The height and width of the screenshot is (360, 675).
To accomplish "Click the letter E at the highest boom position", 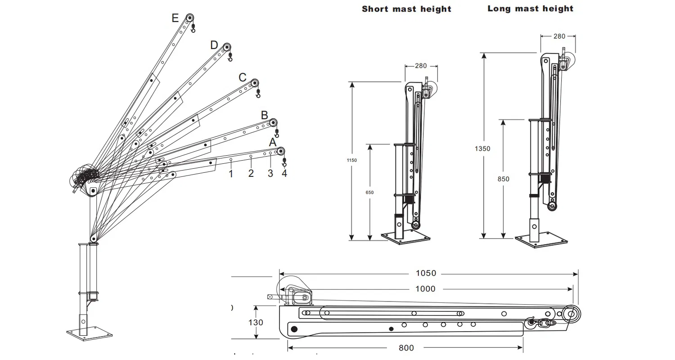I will (175, 18).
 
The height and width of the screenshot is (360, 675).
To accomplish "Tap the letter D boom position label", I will (214, 45).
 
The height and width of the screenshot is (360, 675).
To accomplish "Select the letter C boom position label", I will (243, 77).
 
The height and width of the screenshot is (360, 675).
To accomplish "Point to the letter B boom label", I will (265, 115).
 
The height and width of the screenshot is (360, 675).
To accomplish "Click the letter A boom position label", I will (272, 142).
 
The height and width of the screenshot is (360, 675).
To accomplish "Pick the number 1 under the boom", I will (231, 174).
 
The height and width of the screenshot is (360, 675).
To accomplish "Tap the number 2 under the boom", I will (251, 174).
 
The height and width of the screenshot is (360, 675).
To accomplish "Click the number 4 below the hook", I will (284, 174).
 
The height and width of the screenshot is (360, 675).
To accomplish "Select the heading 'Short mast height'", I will (406, 9).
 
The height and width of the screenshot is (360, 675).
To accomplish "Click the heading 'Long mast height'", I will (531, 9).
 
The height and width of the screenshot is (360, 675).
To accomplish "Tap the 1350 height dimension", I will (482, 148).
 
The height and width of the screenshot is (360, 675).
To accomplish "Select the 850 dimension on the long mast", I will (504, 179).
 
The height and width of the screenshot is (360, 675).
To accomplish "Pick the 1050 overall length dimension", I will (425, 273).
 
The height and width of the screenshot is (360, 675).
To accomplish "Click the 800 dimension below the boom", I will (406, 348).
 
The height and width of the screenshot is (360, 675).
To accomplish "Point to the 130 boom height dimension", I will (255, 323).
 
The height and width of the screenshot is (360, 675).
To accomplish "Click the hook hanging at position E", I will (193, 29).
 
